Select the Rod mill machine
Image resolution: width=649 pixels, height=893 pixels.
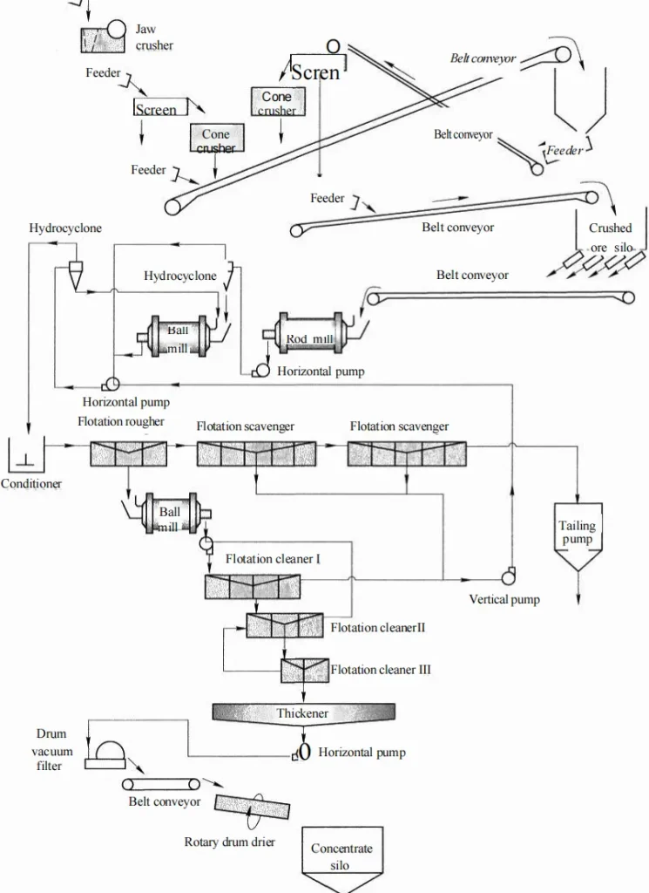(x=310, y=335)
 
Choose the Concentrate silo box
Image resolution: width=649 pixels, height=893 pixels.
(x=341, y=856)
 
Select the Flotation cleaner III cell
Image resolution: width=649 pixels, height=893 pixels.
(x=302, y=670)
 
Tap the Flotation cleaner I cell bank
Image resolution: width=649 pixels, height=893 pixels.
(x=252, y=587)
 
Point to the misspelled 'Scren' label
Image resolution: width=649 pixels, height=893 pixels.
(x=315, y=72)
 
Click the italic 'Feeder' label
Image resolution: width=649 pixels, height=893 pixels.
(x=564, y=151)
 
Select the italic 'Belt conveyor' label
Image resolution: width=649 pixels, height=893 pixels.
(x=483, y=58)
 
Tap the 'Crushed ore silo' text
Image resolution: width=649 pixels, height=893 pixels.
(x=610, y=238)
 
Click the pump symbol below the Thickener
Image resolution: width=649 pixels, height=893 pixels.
(x=302, y=751)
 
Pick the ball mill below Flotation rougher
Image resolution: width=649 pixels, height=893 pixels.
(x=169, y=518)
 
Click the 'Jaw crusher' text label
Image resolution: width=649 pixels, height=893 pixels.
(x=153, y=37)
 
